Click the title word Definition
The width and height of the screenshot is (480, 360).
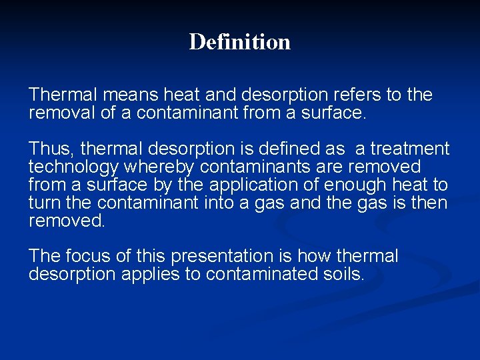(x=239, y=42)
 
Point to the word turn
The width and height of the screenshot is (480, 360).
(x=44, y=203)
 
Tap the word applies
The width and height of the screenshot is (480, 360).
(x=150, y=275)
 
